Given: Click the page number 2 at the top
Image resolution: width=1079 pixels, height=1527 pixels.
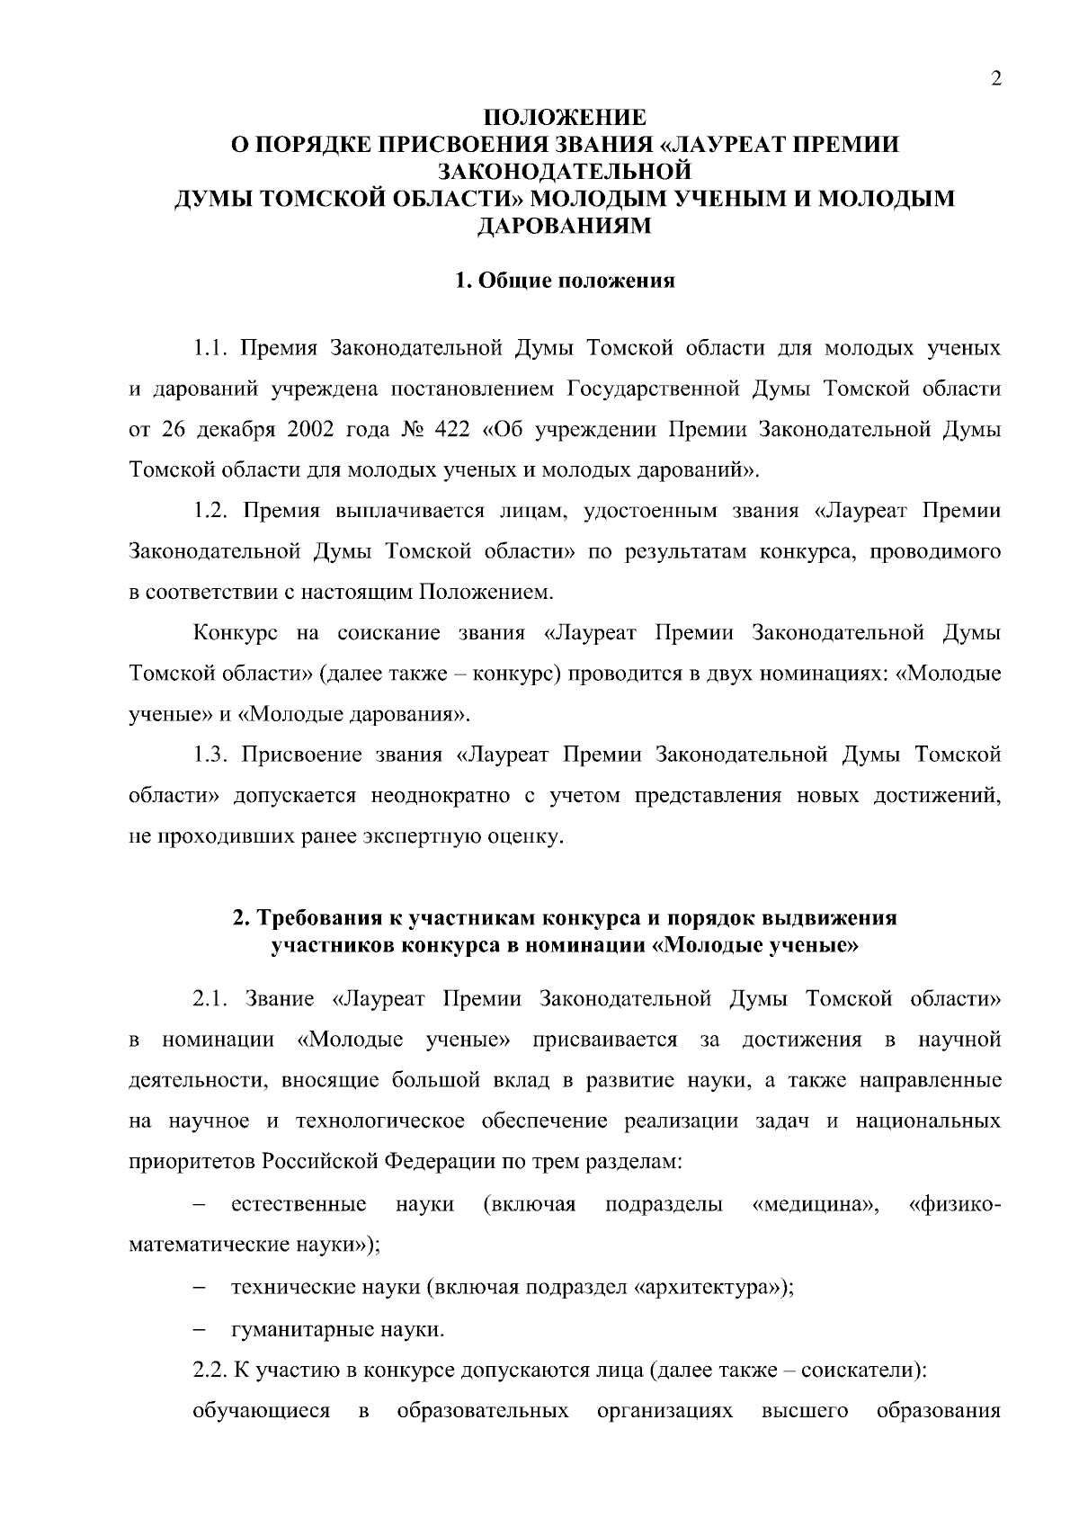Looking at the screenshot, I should pyautogui.click(x=995, y=79).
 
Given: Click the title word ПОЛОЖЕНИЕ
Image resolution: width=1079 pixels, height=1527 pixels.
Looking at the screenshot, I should pyautogui.click(x=565, y=118).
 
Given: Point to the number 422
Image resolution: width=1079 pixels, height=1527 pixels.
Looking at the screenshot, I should pyautogui.click(x=453, y=429).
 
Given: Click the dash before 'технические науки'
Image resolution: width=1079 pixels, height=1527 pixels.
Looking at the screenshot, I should pyautogui.click(x=200, y=1288).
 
